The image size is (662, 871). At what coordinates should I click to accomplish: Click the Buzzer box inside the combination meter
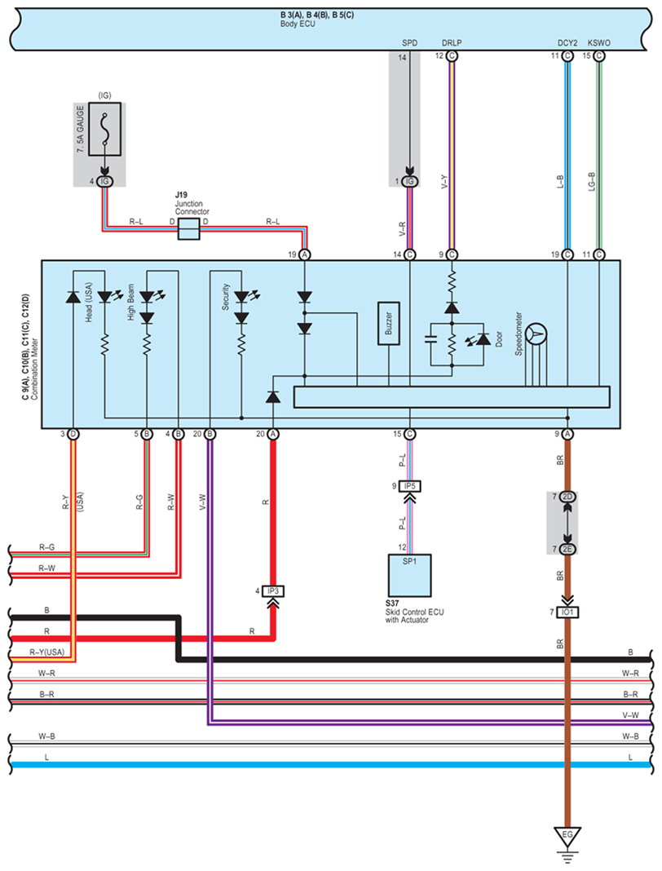click(388, 323)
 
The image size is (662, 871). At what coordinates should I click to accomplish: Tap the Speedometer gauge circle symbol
click(536, 334)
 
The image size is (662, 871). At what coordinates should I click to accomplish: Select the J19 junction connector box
click(188, 229)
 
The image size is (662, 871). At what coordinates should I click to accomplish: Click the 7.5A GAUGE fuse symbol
click(104, 129)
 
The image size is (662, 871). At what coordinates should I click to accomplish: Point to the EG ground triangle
click(567, 837)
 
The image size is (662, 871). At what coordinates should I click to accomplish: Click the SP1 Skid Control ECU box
click(409, 575)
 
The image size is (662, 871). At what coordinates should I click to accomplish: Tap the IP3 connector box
click(272, 591)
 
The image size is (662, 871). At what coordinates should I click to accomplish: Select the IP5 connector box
click(409, 486)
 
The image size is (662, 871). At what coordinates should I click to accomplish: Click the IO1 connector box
click(567, 612)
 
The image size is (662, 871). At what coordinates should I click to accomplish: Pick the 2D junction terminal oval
click(567, 497)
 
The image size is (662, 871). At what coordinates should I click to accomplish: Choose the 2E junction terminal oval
click(567, 550)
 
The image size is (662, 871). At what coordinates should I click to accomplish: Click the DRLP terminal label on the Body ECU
click(452, 42)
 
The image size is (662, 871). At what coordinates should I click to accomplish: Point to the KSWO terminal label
click(598, 42)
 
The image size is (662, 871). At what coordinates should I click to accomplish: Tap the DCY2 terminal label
click(567, 42)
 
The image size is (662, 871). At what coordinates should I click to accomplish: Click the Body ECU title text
click(298, 24)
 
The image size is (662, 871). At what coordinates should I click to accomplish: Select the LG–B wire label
click(591, 182)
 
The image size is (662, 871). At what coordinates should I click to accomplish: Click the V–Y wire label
click(444, 182)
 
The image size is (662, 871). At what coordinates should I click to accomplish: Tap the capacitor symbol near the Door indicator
click(430, 339)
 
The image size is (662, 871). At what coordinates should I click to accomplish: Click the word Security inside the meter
click(226, 297)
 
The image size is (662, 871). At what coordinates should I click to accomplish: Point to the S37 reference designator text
click(392, 604)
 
